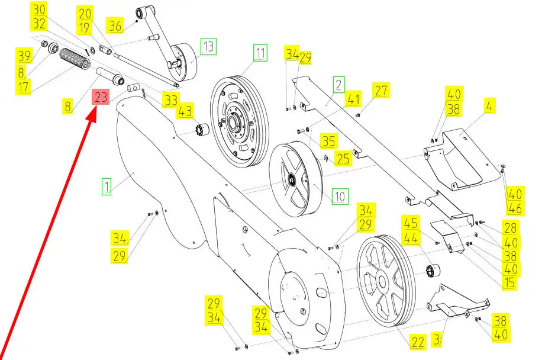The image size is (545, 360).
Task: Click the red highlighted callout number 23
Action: click(100, 98)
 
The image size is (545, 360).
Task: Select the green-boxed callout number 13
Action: click(208, 46)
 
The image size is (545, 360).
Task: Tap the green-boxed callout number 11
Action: click(261, 53)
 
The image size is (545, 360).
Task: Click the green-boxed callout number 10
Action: click(340, 195)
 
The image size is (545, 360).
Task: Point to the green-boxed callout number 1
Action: click(107, 187)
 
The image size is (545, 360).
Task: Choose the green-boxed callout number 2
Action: click(338, 85)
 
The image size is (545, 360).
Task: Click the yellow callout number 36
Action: click(115, 25)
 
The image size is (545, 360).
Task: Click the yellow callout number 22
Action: click(418, 342)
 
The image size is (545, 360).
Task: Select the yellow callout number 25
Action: click(343, 159)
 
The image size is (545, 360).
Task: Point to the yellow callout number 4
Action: click(490, 107)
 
